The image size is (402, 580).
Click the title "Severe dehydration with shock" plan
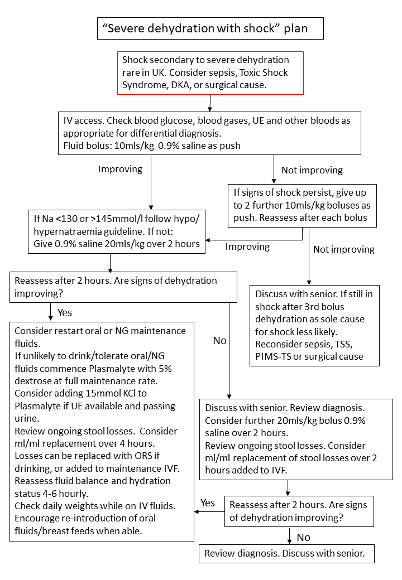210,28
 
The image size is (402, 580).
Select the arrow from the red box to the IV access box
210,103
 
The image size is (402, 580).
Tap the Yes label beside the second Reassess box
208,502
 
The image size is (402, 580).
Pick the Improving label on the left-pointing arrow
247,246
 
